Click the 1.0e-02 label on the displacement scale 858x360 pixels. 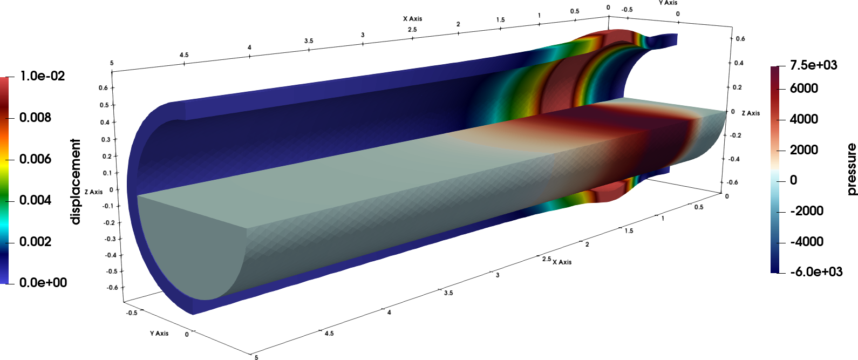tap(43, 76)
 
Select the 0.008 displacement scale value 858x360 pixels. tap(35, 117)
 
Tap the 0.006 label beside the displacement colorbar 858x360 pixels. tap(35, 159)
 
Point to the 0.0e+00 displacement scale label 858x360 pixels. tap(43, 283)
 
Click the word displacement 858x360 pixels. tap(76, 181)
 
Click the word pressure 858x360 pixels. tap(851, 169)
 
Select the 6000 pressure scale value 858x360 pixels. tap(804, 89)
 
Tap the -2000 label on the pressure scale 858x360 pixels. tap(807, 210)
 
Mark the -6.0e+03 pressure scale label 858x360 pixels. tap(816, 271)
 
